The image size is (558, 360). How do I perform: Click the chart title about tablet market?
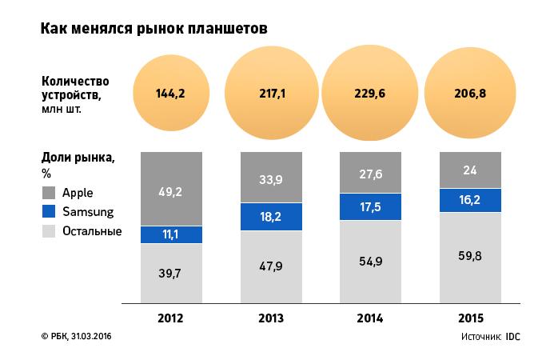[x=153, y=28]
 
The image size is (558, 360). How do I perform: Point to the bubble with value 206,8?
[x=469, y=93]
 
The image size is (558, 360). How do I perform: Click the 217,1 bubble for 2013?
[x=271, y=93]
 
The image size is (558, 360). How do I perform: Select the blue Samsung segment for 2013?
[x=271, y=217]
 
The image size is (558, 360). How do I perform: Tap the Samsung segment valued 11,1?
[x=170, y=234]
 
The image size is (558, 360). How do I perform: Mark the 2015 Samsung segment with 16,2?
[x=469, y=200]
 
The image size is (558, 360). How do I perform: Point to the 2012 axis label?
[x=170, y=318]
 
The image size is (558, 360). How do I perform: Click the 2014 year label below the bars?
[x=369, y=318]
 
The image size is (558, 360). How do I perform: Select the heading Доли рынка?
[x=78, y=158]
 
